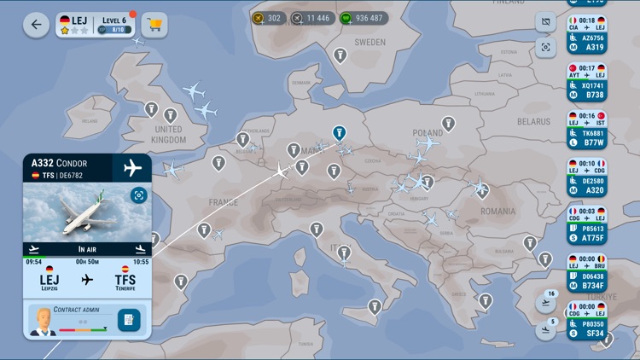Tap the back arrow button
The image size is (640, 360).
[36, 25]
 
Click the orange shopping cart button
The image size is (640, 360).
[154, 25]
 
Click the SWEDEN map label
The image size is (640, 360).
[369, 42]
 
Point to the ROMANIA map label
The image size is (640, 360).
[497, 211]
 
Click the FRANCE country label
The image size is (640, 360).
[224, 202]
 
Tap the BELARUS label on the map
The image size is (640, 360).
[533, 122]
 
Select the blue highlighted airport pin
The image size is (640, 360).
[339, 133]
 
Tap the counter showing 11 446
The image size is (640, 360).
[310, 18]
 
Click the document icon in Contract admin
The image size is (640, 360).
[128, 320]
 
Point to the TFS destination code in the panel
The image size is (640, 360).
[125, 279]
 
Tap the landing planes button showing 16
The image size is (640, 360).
[546, 300]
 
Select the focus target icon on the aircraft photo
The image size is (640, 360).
[138, 195]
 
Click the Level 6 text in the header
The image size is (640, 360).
[113, 19]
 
